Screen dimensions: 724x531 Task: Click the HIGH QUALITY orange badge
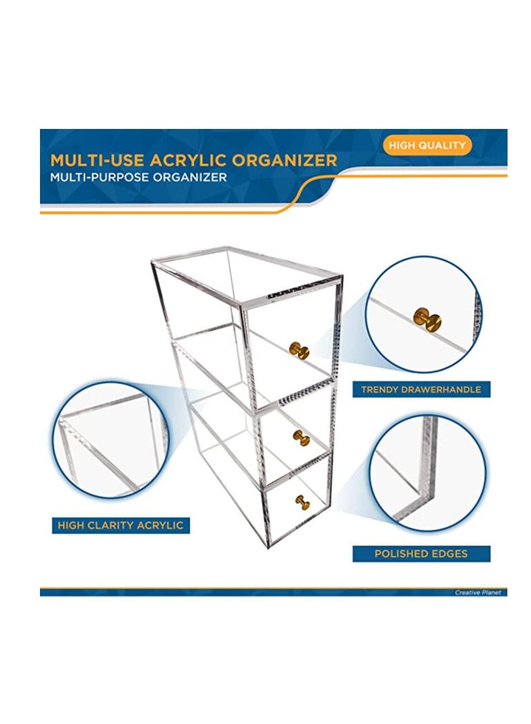tap(427, 145)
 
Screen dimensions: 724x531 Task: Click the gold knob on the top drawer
tap(299, 350)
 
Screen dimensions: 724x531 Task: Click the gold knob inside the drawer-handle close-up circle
tap(428, 318)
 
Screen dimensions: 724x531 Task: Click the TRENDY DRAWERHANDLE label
tap(421, 390)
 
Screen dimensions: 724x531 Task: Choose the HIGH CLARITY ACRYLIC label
tap(121, 525)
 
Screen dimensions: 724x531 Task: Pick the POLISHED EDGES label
tap(421, 554)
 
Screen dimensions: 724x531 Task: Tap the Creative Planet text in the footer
tap(478, 592)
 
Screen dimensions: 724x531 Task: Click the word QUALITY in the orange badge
tap(445, 145)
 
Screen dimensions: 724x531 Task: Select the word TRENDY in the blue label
tap(381, 390)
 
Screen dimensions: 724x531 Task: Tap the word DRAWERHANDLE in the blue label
tap(441, 390)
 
